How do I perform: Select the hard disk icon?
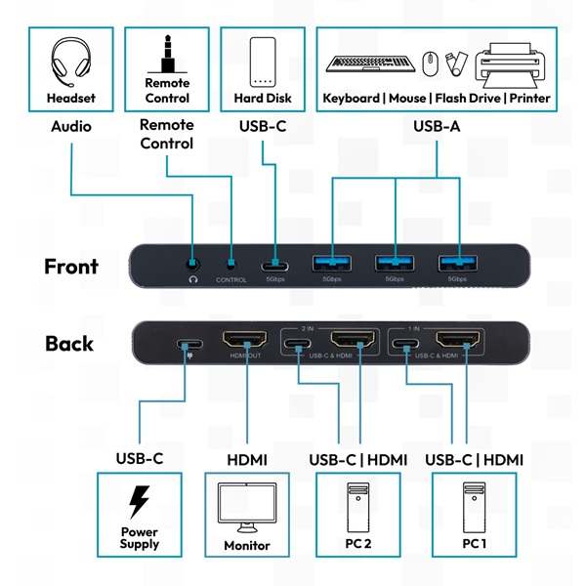[263, 63]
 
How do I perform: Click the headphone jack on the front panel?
[193, 262]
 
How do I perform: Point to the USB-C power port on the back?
[186, 345]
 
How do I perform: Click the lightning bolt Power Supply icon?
[140, 502]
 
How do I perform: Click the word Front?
[71, 266]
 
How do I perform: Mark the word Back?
[69, 344]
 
